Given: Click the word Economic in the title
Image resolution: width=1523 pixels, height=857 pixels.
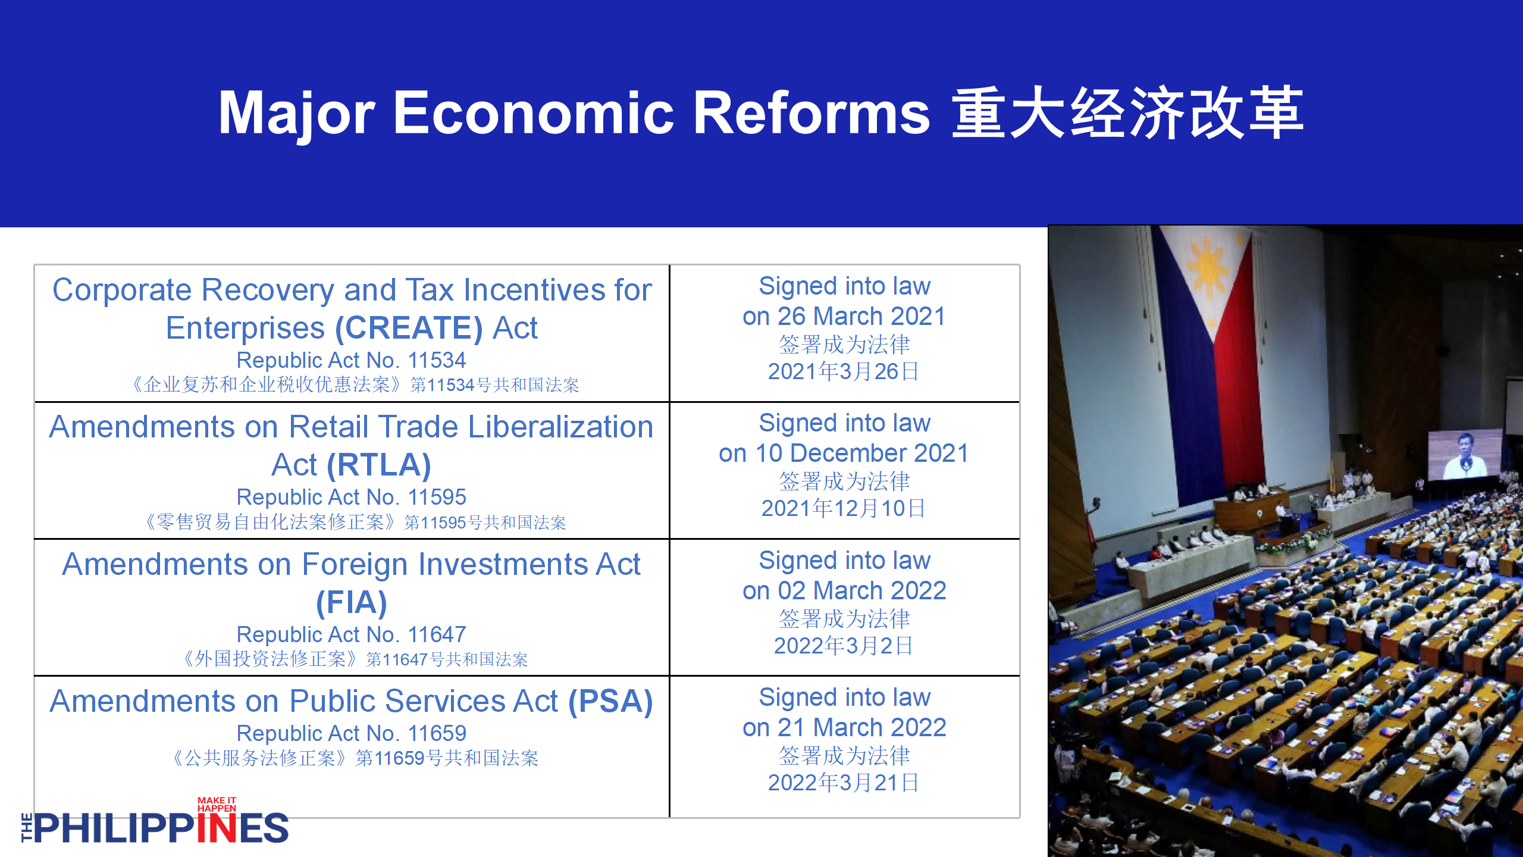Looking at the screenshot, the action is (x=534, y=112).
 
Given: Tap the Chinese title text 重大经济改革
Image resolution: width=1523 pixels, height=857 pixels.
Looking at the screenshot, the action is (x=1128, y=112).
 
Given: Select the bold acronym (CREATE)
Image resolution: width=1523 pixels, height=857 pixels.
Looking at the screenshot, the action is (x=409, y=328).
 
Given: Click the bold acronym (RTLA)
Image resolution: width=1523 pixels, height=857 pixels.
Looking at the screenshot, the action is (x=379, y=465).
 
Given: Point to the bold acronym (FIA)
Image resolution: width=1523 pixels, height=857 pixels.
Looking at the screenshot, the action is (x=352, y=602).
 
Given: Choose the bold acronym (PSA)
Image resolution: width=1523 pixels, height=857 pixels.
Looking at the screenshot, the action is (x=610, y=701).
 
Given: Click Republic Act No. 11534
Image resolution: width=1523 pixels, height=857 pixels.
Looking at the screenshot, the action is (x=351, y=360).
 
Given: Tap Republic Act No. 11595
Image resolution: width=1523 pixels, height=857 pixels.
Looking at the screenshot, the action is (x=351, y=497).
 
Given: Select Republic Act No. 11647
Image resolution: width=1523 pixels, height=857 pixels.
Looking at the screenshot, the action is (x=351, y=634).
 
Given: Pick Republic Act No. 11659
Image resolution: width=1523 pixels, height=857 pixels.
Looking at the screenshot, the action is (x=351, y=733).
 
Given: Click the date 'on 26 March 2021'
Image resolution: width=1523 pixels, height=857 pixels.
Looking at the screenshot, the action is (x=844, y=316).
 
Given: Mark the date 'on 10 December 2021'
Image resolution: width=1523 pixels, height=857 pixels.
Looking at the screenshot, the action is (x=844, y=453).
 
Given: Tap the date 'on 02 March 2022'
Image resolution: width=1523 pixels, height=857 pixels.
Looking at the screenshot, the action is (x=844, y=590).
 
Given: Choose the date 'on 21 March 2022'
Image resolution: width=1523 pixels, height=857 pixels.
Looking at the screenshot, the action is (x=844, y=727).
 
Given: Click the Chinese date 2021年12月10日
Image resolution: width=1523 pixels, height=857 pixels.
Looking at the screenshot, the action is (x=844, y=508).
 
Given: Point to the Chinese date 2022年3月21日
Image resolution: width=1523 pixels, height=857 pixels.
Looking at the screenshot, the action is (x=844, y=783).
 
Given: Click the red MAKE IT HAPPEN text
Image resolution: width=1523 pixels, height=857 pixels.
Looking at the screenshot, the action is (x=217, y=805).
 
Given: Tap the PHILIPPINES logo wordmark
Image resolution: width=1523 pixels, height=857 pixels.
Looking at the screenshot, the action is (x=155, y=827).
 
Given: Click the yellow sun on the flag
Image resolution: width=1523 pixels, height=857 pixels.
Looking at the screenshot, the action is (x=1208, y=267).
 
